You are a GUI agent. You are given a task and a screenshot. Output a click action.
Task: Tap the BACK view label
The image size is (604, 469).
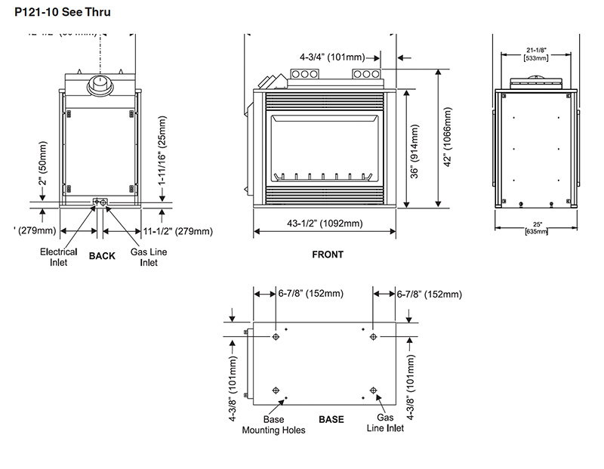click(x=102, y=256)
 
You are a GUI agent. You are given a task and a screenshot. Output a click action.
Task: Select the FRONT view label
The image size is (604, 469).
click(x=328, y=255)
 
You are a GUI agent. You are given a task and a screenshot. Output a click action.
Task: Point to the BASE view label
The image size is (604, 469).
click(x=331, y=418)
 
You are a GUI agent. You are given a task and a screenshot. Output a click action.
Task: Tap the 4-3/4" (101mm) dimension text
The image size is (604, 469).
click(x=331, y=57)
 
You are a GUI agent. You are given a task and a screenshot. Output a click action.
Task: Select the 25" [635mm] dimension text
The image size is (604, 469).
click(x=537, y=227)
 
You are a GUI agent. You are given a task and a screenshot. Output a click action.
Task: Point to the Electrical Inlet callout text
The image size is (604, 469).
click(x=59, y=257)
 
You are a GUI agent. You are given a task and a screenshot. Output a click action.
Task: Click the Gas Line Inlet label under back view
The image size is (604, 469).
click(x=143, y=257)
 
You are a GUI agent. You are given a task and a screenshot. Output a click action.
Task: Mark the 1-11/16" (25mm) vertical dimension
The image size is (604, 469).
click(x=162, y=152)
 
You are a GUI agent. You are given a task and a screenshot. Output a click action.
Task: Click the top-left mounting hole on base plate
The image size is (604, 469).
click(x=276, y=337)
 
